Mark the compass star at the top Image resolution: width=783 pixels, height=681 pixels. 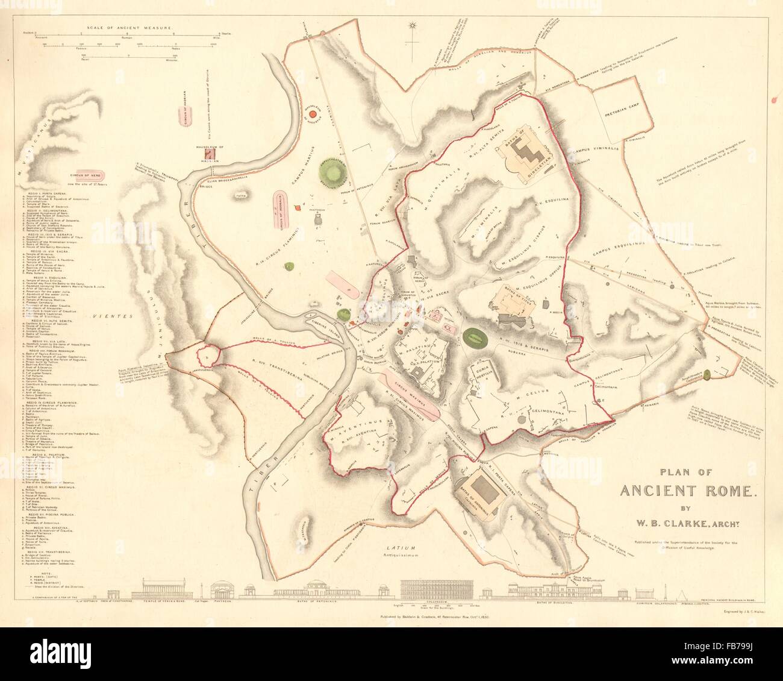click(x=413, y=26)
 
